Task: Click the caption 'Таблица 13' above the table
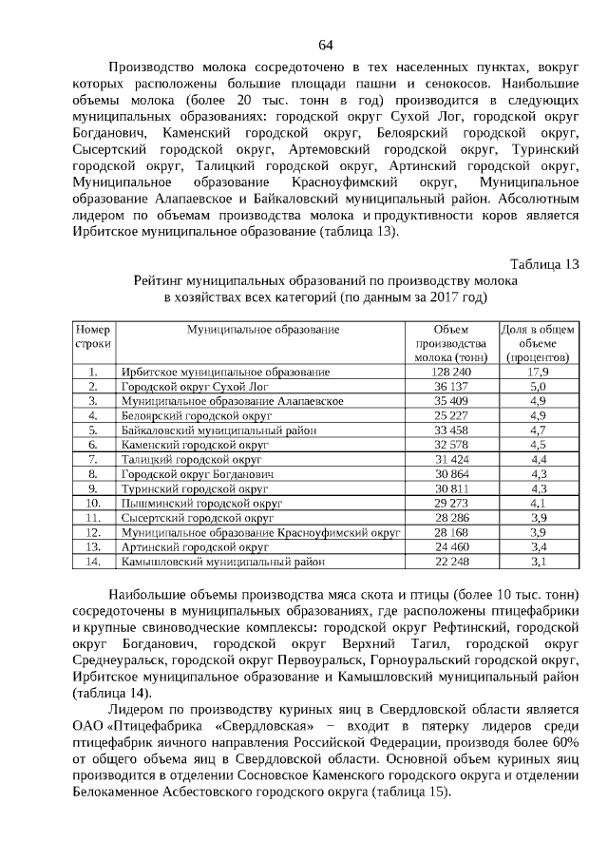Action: tap(543, 264)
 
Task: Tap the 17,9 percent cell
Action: tap(538, 372)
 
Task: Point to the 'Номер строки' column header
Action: tap(93, 335)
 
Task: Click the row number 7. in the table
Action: tap(93, 459)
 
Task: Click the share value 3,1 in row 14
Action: tap(538, 562)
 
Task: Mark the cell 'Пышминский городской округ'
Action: tap(189, 503)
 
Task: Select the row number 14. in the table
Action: tap(93, 562)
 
